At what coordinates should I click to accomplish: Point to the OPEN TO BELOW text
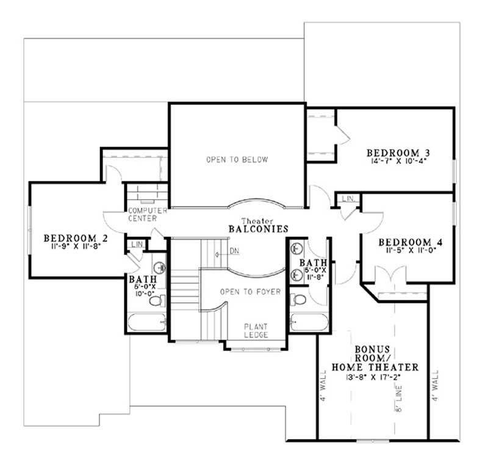pos(237,160)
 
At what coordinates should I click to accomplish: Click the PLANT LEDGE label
pos(256,331)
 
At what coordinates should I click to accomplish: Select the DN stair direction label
pos(234,251)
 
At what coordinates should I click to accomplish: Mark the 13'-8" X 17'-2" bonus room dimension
pos(375,378)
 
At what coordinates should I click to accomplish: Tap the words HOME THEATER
pos(375,367)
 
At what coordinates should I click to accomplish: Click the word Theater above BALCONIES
pos(256,220)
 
